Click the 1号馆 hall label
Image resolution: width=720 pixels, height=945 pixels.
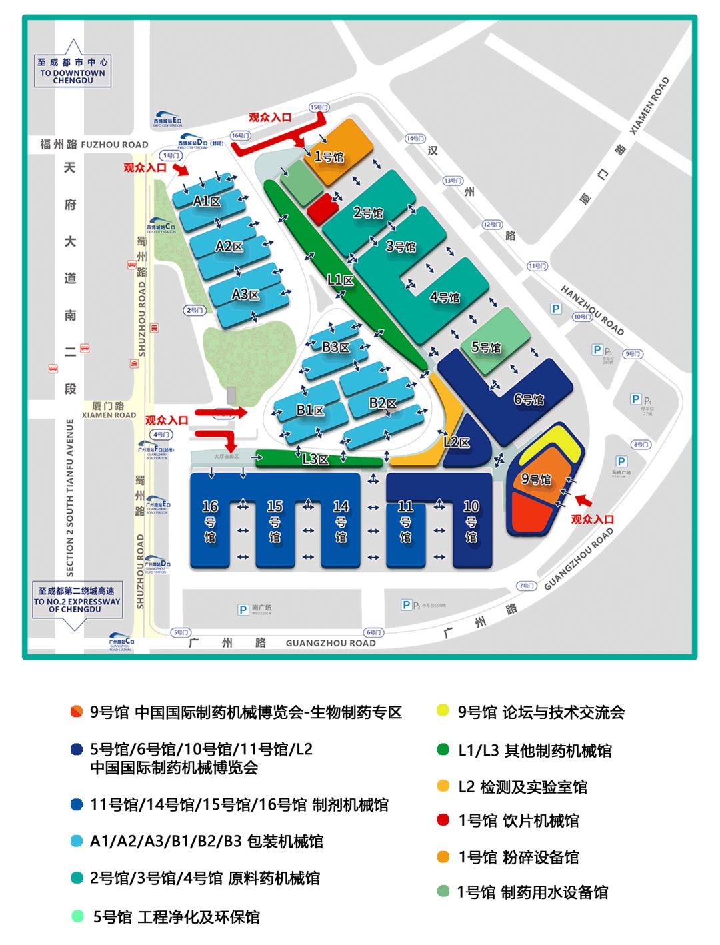329,157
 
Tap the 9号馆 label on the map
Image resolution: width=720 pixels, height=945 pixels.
536,479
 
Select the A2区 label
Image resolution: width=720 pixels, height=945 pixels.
229,247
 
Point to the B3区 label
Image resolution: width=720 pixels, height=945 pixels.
335,347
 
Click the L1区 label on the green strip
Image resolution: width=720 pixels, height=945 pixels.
340,280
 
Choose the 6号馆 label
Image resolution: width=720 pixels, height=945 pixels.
529,399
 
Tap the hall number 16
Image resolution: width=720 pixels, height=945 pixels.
210,507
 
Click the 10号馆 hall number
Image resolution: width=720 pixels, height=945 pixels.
471,507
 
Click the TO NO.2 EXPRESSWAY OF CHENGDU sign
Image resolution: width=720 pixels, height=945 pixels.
77,600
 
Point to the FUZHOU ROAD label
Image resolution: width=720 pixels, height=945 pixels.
114,145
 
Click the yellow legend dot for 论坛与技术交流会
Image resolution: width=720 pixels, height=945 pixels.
443,711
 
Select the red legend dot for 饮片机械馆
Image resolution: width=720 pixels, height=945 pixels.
443,820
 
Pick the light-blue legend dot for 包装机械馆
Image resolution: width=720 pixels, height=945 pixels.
77,841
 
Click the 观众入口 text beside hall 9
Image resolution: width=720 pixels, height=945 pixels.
593,519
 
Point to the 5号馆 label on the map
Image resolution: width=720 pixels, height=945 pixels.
486,347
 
